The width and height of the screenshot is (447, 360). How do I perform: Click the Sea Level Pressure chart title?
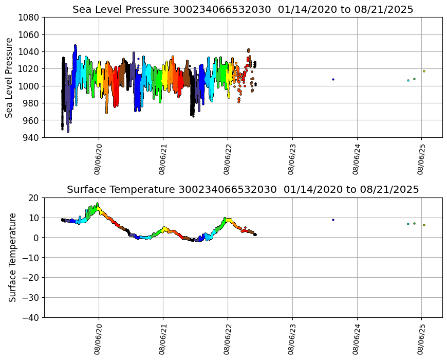click(x=243, y=9)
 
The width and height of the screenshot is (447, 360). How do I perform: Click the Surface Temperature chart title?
click(x=243, y=189)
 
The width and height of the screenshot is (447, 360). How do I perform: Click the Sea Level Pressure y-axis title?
click(x=9, y=77)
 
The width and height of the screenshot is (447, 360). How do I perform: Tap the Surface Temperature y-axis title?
click(x=12, y=257)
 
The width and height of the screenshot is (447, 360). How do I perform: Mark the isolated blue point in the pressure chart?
click(x=333, y=79)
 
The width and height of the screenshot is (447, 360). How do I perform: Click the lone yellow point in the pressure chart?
click(x=424, y=71)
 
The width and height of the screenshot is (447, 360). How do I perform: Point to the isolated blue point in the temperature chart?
click(x=333, y=220)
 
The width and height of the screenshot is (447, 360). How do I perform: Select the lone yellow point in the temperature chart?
click(x=424, y=225)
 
